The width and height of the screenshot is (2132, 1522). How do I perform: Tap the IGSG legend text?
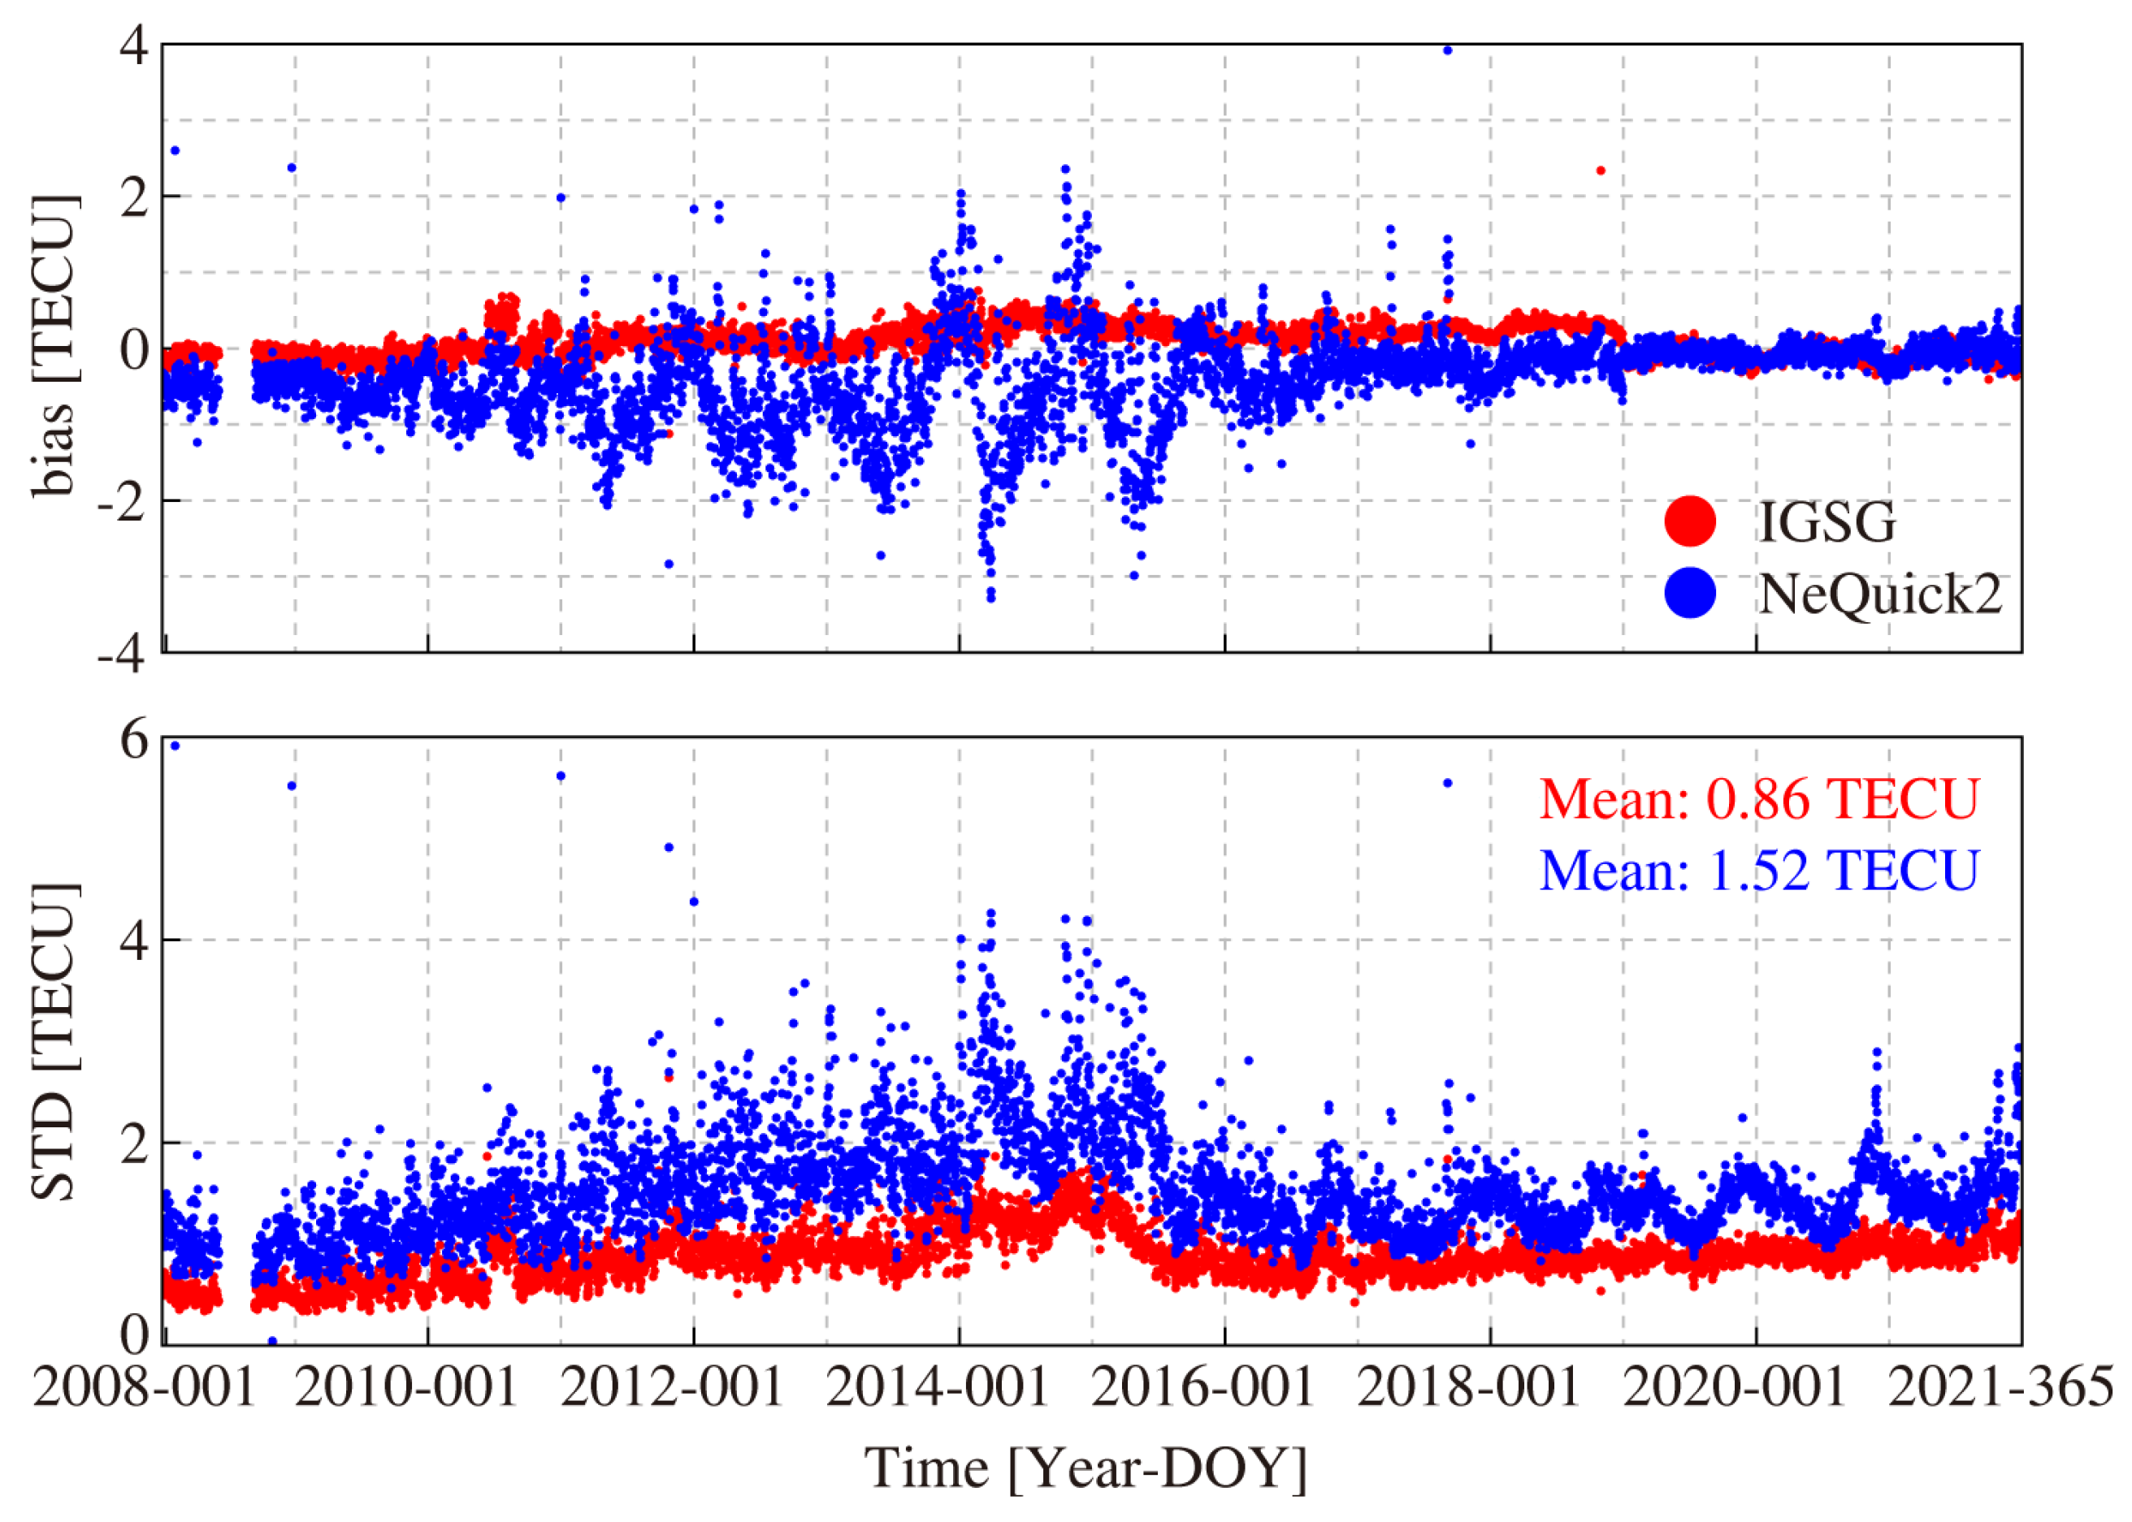pos(1826,521)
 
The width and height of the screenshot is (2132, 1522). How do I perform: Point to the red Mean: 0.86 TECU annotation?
pos(1759,799)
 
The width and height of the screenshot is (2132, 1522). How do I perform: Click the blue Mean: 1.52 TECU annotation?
pos(1759,870)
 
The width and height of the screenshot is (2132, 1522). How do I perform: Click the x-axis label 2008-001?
pos(145,1387)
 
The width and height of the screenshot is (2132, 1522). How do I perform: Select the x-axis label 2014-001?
pos(938,1387)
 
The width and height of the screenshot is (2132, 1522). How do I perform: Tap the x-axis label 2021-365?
pos(2000,1387)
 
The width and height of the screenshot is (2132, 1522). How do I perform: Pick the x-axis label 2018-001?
pos(1469,1387)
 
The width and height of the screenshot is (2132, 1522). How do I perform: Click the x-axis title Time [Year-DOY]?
pos(1085,1468)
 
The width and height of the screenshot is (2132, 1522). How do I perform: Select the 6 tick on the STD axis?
pos(134,741)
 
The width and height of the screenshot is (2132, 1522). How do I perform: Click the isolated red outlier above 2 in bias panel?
pos(1601,171)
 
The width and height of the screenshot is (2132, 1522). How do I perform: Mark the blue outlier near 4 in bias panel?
pos(1446,50)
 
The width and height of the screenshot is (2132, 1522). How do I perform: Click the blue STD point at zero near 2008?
pos(272,1341)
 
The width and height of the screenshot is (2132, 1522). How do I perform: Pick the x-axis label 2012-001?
pos(672,1387)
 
